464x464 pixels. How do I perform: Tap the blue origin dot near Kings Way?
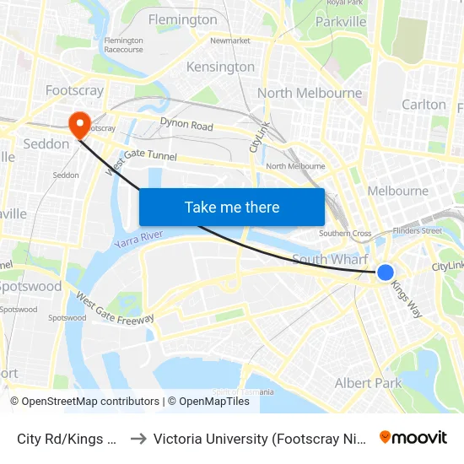click(385, 272)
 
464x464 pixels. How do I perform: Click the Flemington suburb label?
click(182, 19)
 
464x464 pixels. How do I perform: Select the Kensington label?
click(221, 67)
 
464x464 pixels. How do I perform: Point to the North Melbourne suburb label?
click(310, 93)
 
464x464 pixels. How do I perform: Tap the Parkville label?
click(341, 21)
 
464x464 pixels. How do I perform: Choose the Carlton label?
click(424, 105)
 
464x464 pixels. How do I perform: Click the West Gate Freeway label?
click(115, 308)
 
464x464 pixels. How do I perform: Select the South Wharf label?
click(332, 258)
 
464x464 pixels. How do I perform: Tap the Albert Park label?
click(369, 383)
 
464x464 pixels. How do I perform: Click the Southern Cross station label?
click(345, 234)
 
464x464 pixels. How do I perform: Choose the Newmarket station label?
click(230, 40)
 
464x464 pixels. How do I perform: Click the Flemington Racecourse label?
click(123, 44)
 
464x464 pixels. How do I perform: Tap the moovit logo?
click(413, 437)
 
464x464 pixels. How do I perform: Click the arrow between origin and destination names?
click(138, 439)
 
